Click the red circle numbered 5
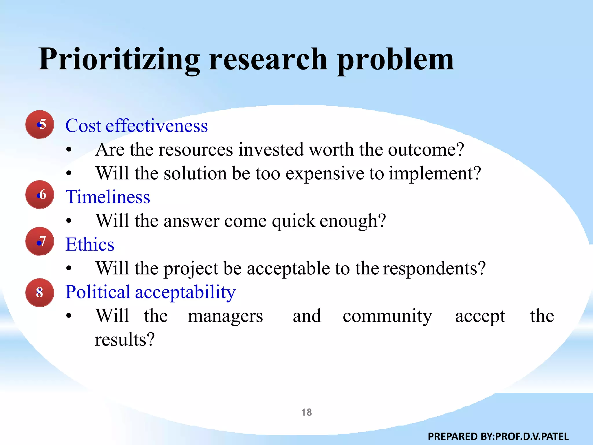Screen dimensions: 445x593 pyautogui.click(x=40, y=124)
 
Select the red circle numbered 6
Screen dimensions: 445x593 pyautogui.click(x=40, y=194)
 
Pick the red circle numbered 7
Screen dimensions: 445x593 pyautogui.click(x=40, y=241)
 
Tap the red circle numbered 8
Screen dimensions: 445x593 pyautogui.click(x=40, y=293)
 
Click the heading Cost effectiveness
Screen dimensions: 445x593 pyautogui.click(x=136, y=126)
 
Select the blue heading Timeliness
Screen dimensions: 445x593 pyautogui.click(x=108, y=197)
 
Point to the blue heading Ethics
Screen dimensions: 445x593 pyautogui.click(x=90, y=244)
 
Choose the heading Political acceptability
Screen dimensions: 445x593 pyautogui.click(x=150, y=292)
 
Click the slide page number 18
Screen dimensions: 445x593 pyautogui.click(x=306, y=412)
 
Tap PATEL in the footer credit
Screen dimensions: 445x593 pyautogui.click(x=554, y=436)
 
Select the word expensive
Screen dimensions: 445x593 pyautogui.click(x=325, y=174)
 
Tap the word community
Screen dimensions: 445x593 pyautogui.click(x=387, y=316)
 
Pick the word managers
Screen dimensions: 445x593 pyautogui.click(x=225, y=316)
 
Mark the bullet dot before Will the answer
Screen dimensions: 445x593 pyautogui.click(x=69, y=221)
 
